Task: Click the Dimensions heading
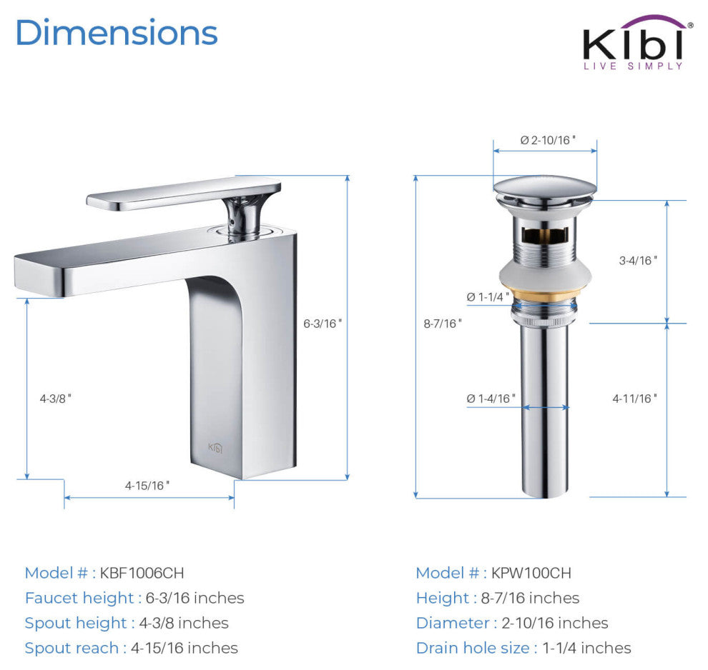tap(117, 33)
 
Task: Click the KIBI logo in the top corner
tap(636, 42)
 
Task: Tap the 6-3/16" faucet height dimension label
tap(323, 324)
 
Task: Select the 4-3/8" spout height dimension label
tap(56, 399)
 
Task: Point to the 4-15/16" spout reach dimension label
tap(147, 485)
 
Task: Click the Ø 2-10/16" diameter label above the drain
tap(548, 140)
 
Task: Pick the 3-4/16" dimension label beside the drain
tap(638, 260)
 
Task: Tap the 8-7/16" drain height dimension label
tap(443, 324)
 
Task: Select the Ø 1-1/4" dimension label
tap(488, 296)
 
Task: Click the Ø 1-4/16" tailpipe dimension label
tap(491, 399)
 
